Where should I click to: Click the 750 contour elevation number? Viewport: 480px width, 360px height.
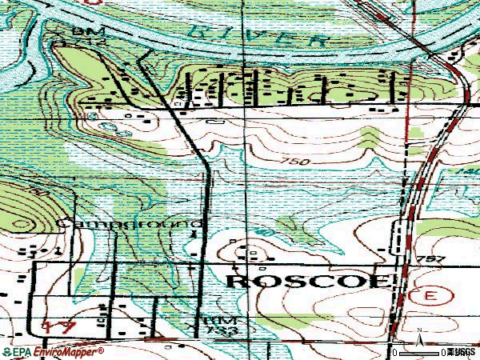294,162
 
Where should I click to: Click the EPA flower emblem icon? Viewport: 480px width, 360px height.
6,351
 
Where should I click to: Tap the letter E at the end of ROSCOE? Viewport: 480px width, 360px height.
382,281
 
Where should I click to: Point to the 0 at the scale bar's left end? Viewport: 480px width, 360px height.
394,352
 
